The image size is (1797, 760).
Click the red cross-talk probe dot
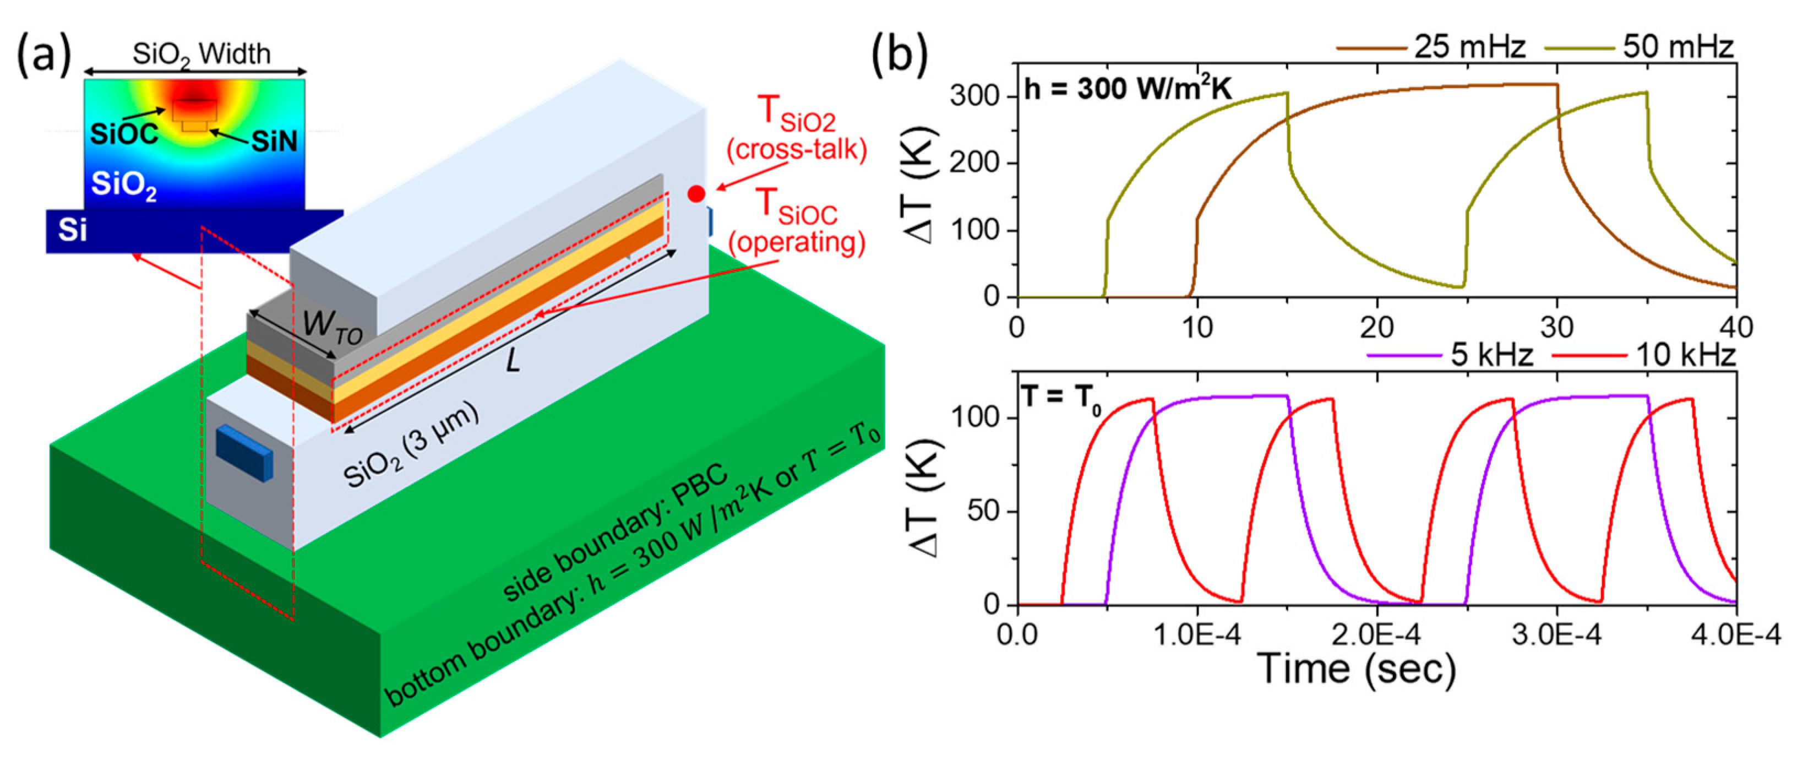coord(695,194)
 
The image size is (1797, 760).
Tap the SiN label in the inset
coord(274,142)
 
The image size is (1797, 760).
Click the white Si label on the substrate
coord(72,230)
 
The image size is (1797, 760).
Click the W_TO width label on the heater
coord(332,327)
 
